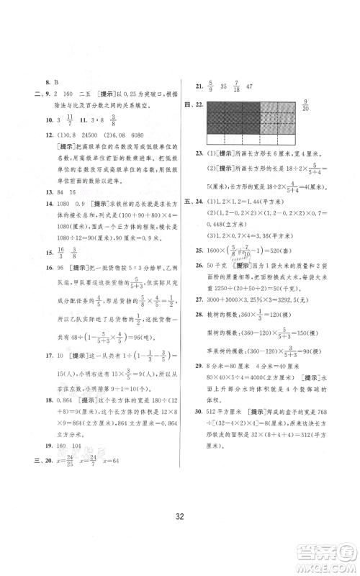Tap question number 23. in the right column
tap(199, 153)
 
